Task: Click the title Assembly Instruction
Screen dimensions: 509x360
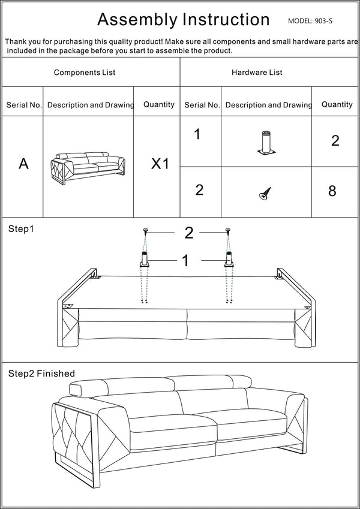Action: pyautogui.click(x=183, y=20)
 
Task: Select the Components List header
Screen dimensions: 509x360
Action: pyautogui.click(x=85, y=73)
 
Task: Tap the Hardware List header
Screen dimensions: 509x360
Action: pyautogui.click(x=257, y=73)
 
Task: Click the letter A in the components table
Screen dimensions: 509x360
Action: pyautogui.click(x=23, y=164)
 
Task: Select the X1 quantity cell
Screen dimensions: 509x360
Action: pyautogui.click(x=160, y=164)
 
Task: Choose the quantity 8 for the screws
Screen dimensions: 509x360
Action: pyautogui.click(x=332, y=191)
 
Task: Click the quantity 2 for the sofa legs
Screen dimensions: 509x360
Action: pyautogui.click(x=335, y=141)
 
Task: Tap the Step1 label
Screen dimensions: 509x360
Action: pyautogui.click(x=21, y=229)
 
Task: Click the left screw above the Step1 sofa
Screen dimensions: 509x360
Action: pyautogui.click(x=145, y=231)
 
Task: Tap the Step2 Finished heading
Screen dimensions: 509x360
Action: pyautogui.click(x=41, y=374)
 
